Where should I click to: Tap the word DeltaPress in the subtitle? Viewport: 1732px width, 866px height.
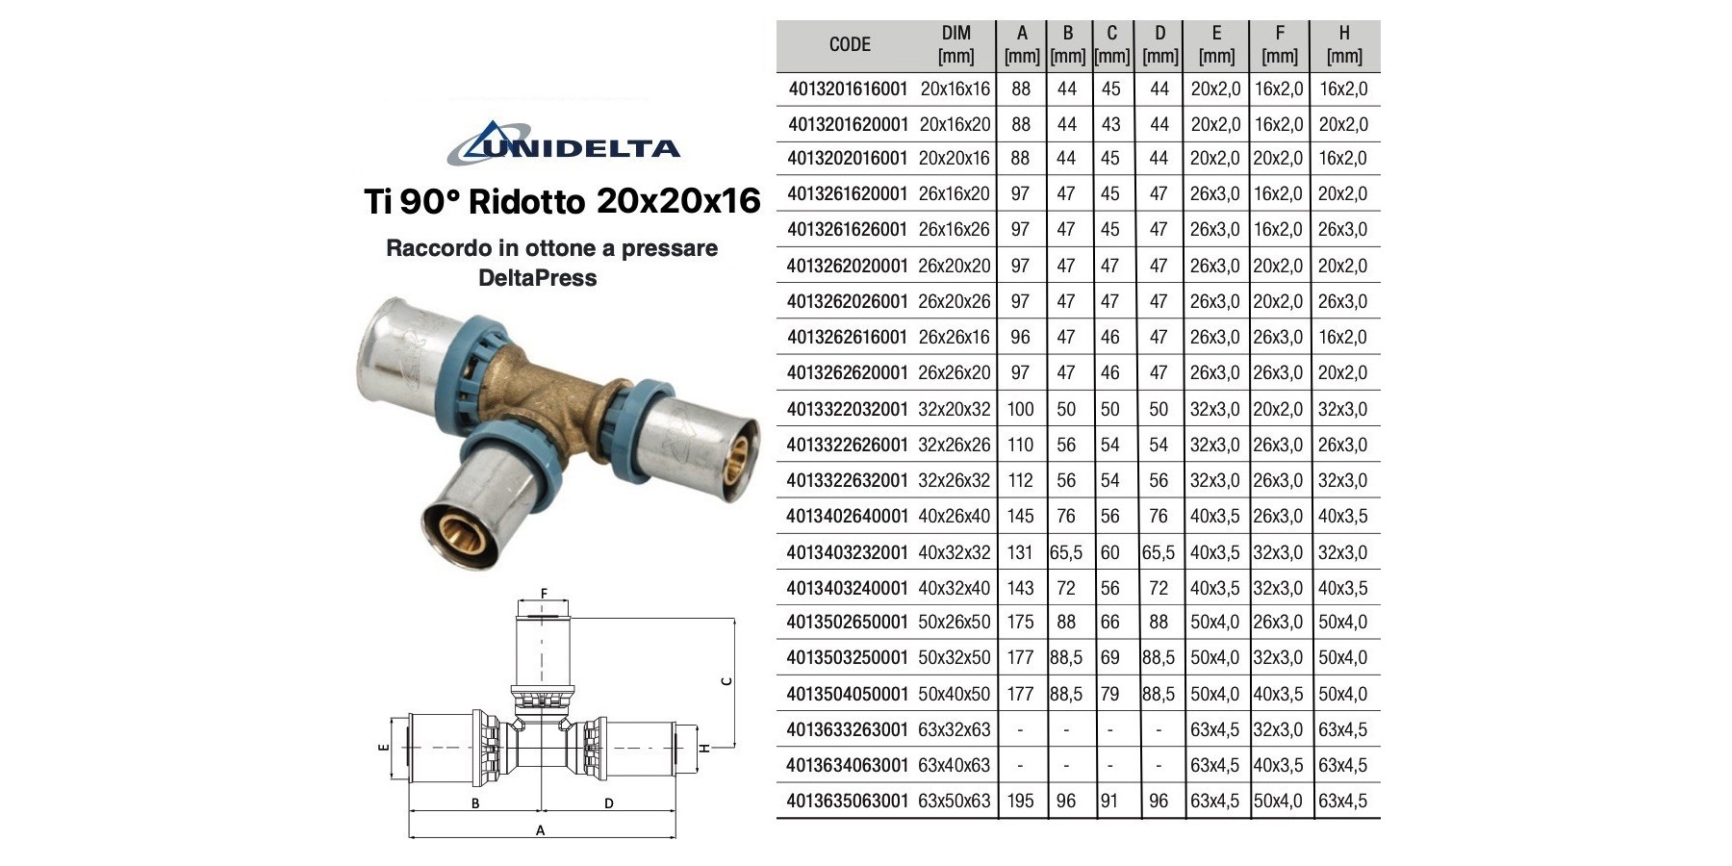(538, 278)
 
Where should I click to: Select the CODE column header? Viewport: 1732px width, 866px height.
(850, 44)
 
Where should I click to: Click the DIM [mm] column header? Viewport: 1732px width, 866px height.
(955, 45)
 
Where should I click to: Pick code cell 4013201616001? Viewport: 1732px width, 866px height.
(848, 89)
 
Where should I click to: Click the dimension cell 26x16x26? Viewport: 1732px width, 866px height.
(954, 229)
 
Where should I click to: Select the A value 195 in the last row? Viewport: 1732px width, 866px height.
(1020, 801)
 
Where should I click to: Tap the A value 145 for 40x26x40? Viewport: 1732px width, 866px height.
(1020, 516)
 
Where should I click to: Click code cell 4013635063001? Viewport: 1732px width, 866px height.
(847, 801)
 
